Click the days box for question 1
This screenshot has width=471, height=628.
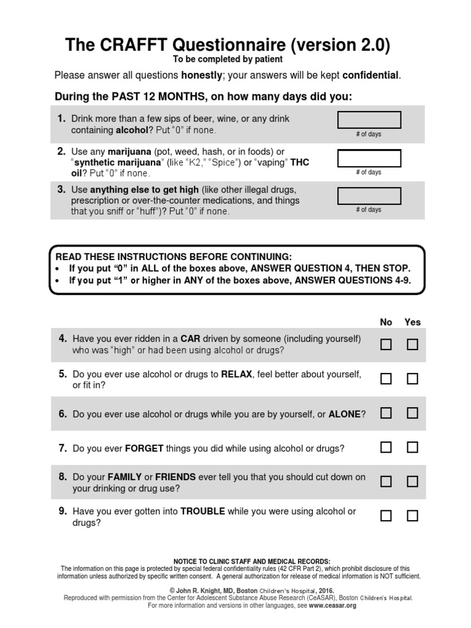(370, 120)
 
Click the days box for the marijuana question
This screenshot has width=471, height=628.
(370, 158)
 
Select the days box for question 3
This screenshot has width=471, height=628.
(370, 196)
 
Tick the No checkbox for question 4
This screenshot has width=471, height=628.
(386, 345)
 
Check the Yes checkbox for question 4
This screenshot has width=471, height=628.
(413, 345)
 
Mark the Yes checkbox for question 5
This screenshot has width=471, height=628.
(413, 379)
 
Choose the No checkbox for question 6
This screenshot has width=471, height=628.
(386, 413)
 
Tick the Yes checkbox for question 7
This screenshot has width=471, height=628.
(413, 447)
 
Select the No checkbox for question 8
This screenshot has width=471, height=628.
(386, 481)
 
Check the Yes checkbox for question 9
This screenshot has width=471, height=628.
(413, 516)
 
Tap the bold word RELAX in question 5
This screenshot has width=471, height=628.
(237, 373)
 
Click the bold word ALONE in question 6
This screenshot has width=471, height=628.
(345, 415)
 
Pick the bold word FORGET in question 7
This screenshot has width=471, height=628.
(144, 449)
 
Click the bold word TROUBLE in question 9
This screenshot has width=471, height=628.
(203, 511)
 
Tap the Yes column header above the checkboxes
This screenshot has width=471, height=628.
(413, 322)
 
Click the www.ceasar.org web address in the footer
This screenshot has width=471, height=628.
(333, 605)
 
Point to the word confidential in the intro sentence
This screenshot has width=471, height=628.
(371, 75)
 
